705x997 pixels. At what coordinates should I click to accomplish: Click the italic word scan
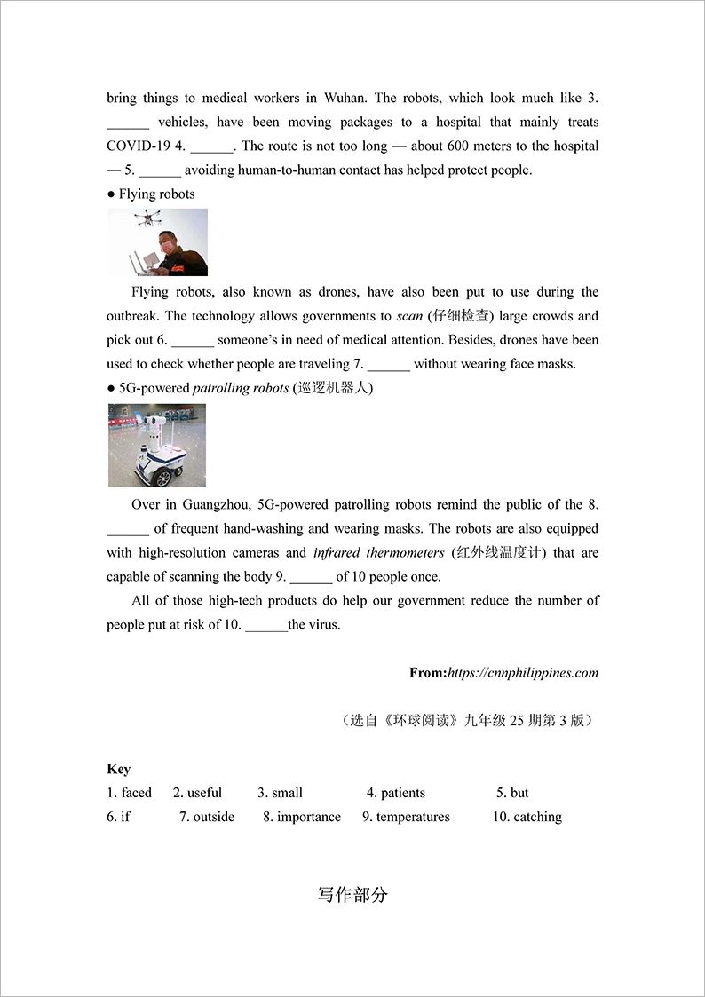(409, 316)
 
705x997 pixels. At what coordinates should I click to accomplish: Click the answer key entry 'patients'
(402, 793)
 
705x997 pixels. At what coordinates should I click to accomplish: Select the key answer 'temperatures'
(413, 817)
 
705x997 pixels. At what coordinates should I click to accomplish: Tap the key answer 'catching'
(537, 817)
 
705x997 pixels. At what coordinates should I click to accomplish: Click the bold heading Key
(118, 769)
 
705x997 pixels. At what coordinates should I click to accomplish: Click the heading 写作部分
(352, 895)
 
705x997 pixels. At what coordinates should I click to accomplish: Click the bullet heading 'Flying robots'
(156, 194)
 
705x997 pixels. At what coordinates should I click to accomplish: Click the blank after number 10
(265, 626)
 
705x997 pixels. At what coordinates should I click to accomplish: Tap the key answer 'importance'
(308, 817)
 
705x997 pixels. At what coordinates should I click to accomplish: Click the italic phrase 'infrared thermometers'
(378, 552)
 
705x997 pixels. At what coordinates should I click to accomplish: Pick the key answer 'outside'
(214, 817)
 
